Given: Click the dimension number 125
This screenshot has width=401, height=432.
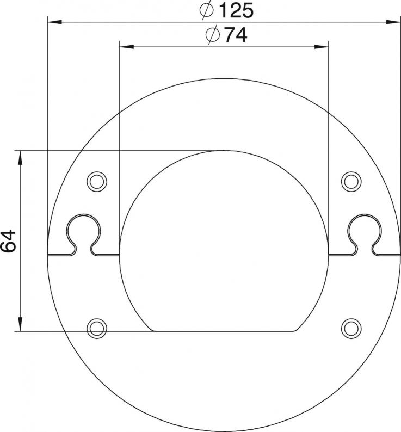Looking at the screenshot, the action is coord(237,10).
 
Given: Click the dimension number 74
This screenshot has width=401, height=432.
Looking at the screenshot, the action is coord(236,35).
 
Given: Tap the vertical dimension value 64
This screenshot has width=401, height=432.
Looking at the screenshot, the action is coord(8,241).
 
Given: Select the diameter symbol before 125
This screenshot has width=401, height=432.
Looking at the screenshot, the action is coord(207,10).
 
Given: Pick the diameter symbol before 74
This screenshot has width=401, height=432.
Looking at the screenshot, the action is coord(213,35).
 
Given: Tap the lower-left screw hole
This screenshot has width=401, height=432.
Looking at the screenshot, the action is coord(97,329).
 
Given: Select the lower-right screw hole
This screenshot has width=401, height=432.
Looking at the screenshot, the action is coord(351,329).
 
